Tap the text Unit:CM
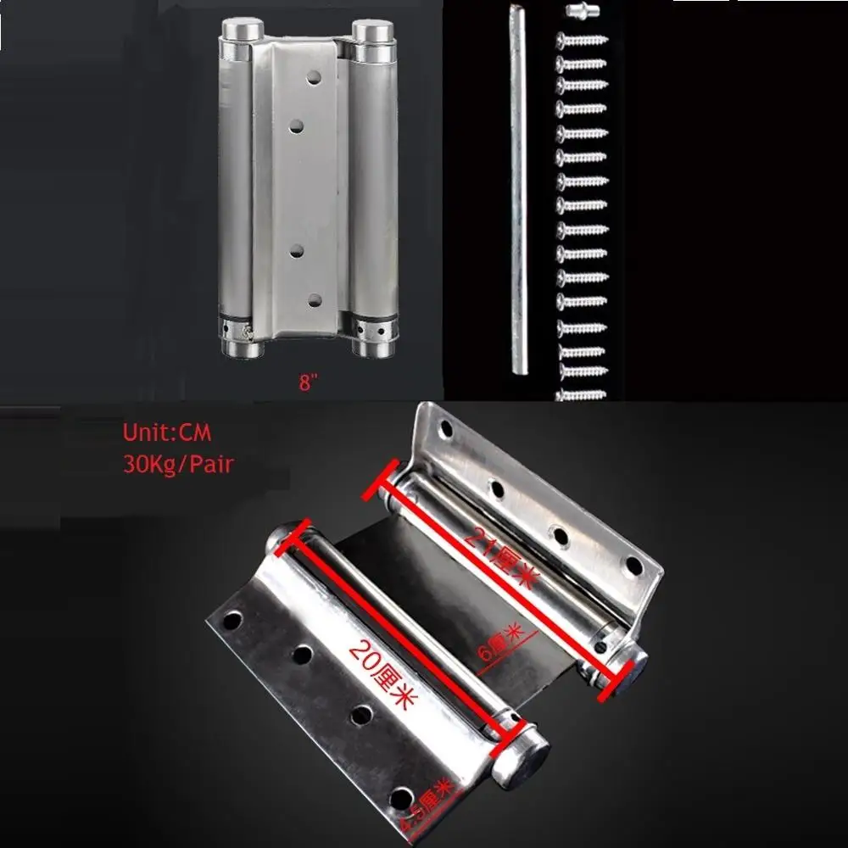[166, 432]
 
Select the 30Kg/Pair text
[178, 465]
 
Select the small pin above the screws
[580, 13]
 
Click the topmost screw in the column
[582, 39]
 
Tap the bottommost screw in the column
[582, 394]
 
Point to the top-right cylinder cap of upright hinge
[371, 32]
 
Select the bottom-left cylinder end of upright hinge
[238, 346]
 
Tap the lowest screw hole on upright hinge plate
[315, 300]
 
